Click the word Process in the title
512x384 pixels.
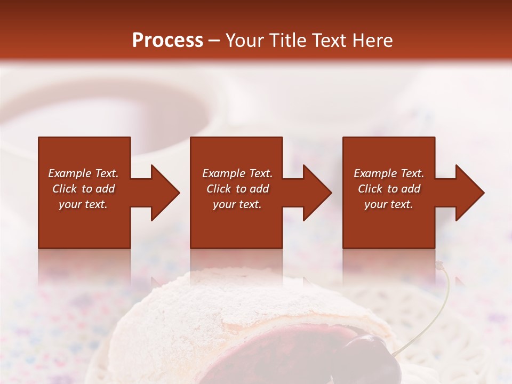(167, 40)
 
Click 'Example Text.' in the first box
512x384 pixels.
(83, 173)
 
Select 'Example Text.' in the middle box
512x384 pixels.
(237, 173)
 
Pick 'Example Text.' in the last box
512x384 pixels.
(389, 173)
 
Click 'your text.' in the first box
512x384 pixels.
(83, 204)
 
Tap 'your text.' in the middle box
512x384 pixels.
(237, 204)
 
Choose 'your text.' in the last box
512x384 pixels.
(389, 204)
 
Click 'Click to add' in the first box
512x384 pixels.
(83, 189)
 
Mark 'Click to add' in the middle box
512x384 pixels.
(237, 189)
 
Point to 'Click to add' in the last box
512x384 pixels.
(389, 189)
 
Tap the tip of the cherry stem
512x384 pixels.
(439, 265)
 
